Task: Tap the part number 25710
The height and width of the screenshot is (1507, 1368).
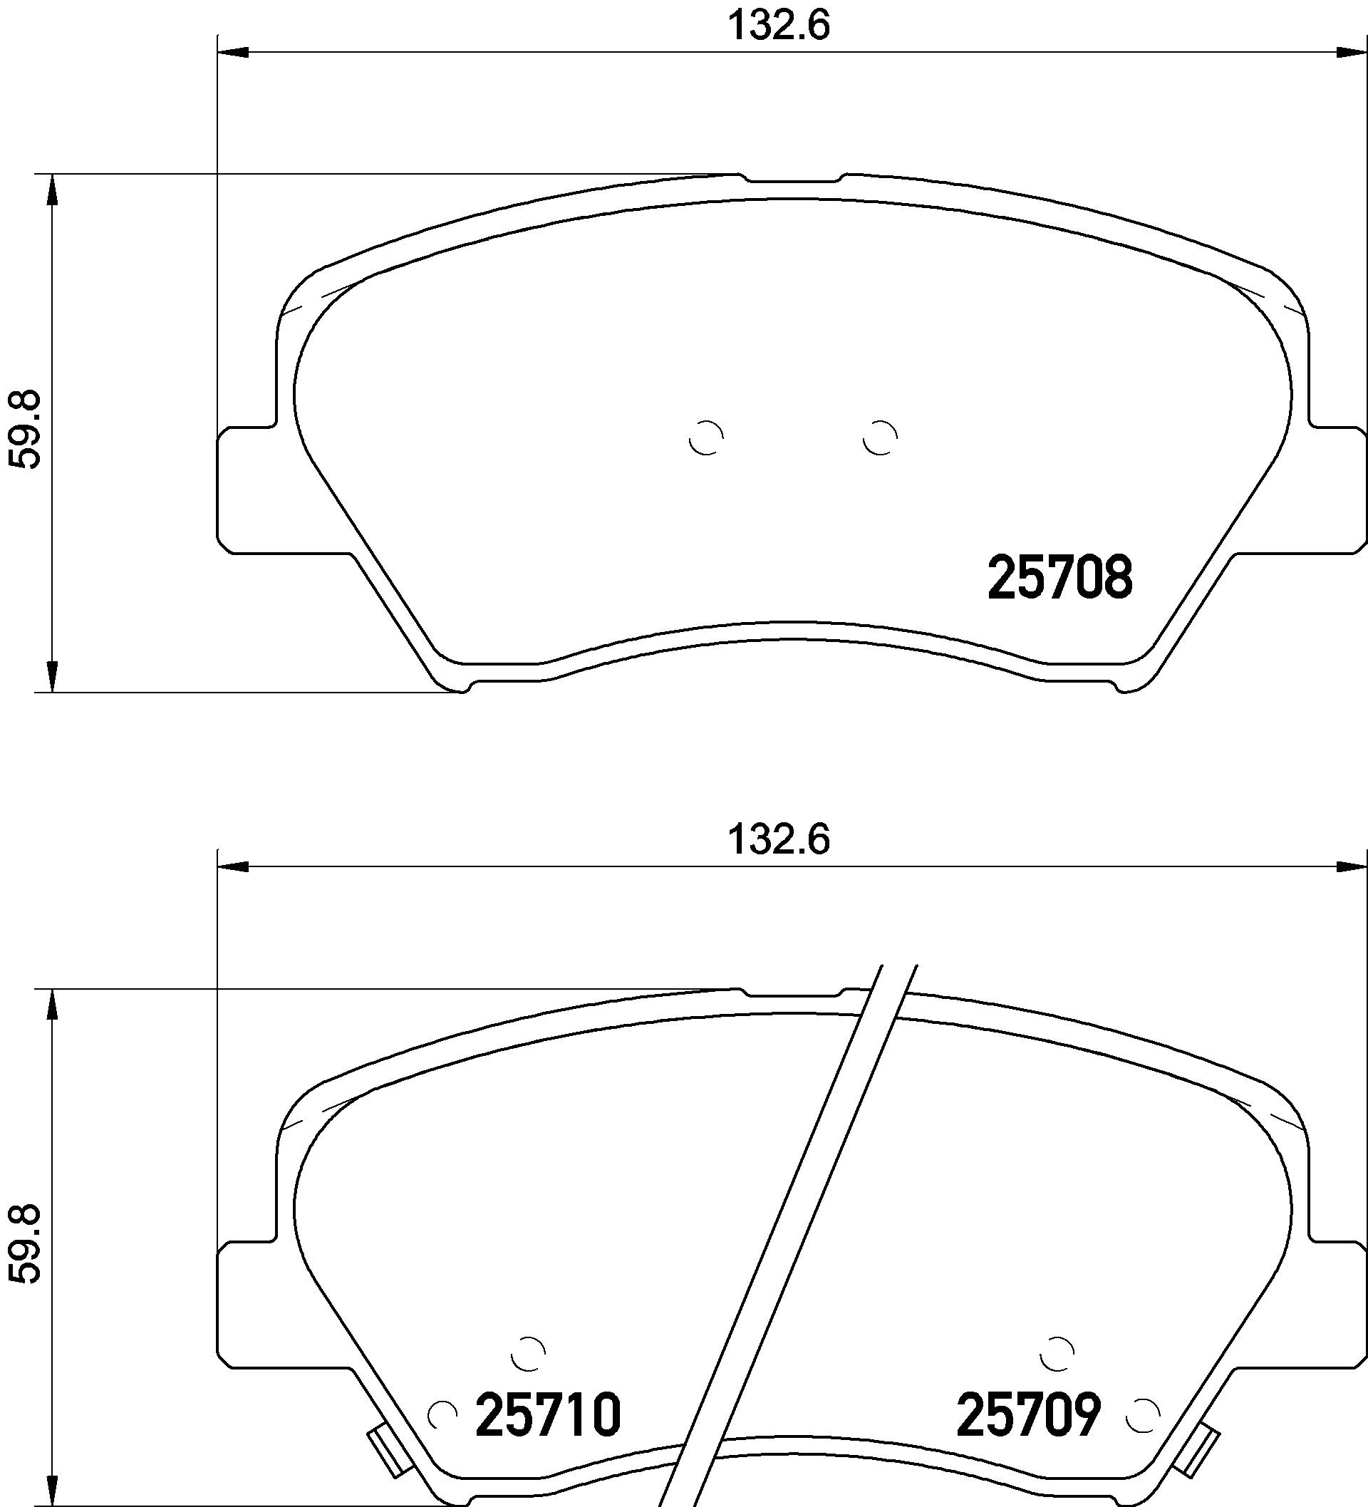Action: pyautogui.click(x=548, y=1414)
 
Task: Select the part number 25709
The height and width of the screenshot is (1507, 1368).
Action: pyautogui.click(x=1029, y=1414)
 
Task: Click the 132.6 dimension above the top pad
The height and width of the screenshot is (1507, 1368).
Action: pyautogui.click(x=779, y=26)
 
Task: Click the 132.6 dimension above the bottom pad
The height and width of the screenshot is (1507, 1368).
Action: pyautogui.click(x=779, y=839)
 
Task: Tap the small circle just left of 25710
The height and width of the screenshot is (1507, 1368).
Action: pyautogui.click(x=442, y=1414)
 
